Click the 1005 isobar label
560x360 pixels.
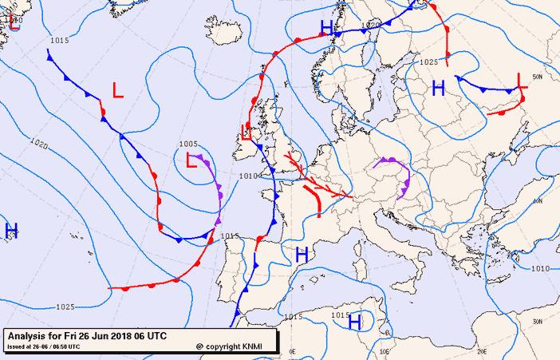pyautogui.click(x=188, y=144)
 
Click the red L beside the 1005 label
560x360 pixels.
pyautogui.click(x=191, y=160)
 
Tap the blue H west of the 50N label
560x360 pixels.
pyautogui.click(x=438, y=88)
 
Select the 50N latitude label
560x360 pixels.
pyautogui.click(x=538, y=77)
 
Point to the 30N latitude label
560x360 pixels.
pyautogui.click(x=538, y=322)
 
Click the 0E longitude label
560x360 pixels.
pyautogui.click(x=292, y=351)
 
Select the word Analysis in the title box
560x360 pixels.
pyautogui.click(x=29, y=336)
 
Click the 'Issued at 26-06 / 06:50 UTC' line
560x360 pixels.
pyautogui.click(x=44, y=346)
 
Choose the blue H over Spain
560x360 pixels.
pyautogui.click(x=302, y=255)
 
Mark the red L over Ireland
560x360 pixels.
pyautogui.click(x=247, y=132)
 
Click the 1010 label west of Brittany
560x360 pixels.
pyautogui.click(x=248, y=176)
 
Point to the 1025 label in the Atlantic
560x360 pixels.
pyautogui.click(x=65, y=307)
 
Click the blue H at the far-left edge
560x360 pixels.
pyautogui.click(x=11, y=231)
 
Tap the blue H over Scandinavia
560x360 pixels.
pyautogui.click(x=325, y=28)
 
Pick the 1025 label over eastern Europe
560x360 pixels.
pyautogui.click(x=428, y=61)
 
